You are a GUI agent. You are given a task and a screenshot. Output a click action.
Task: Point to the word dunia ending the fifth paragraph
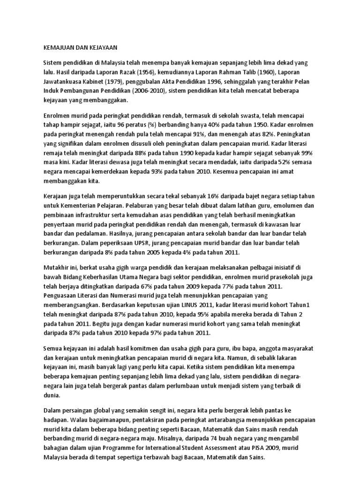point(52,395)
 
